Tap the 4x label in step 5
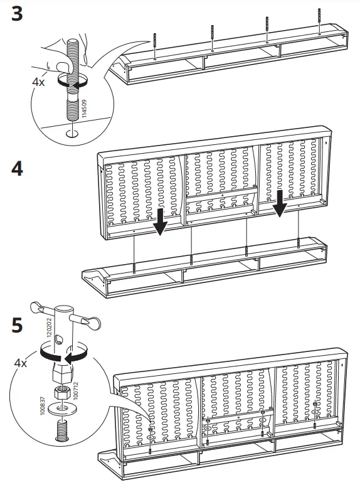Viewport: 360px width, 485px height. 23,363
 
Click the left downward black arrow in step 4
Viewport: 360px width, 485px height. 160,221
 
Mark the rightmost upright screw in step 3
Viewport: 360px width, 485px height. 320,18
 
